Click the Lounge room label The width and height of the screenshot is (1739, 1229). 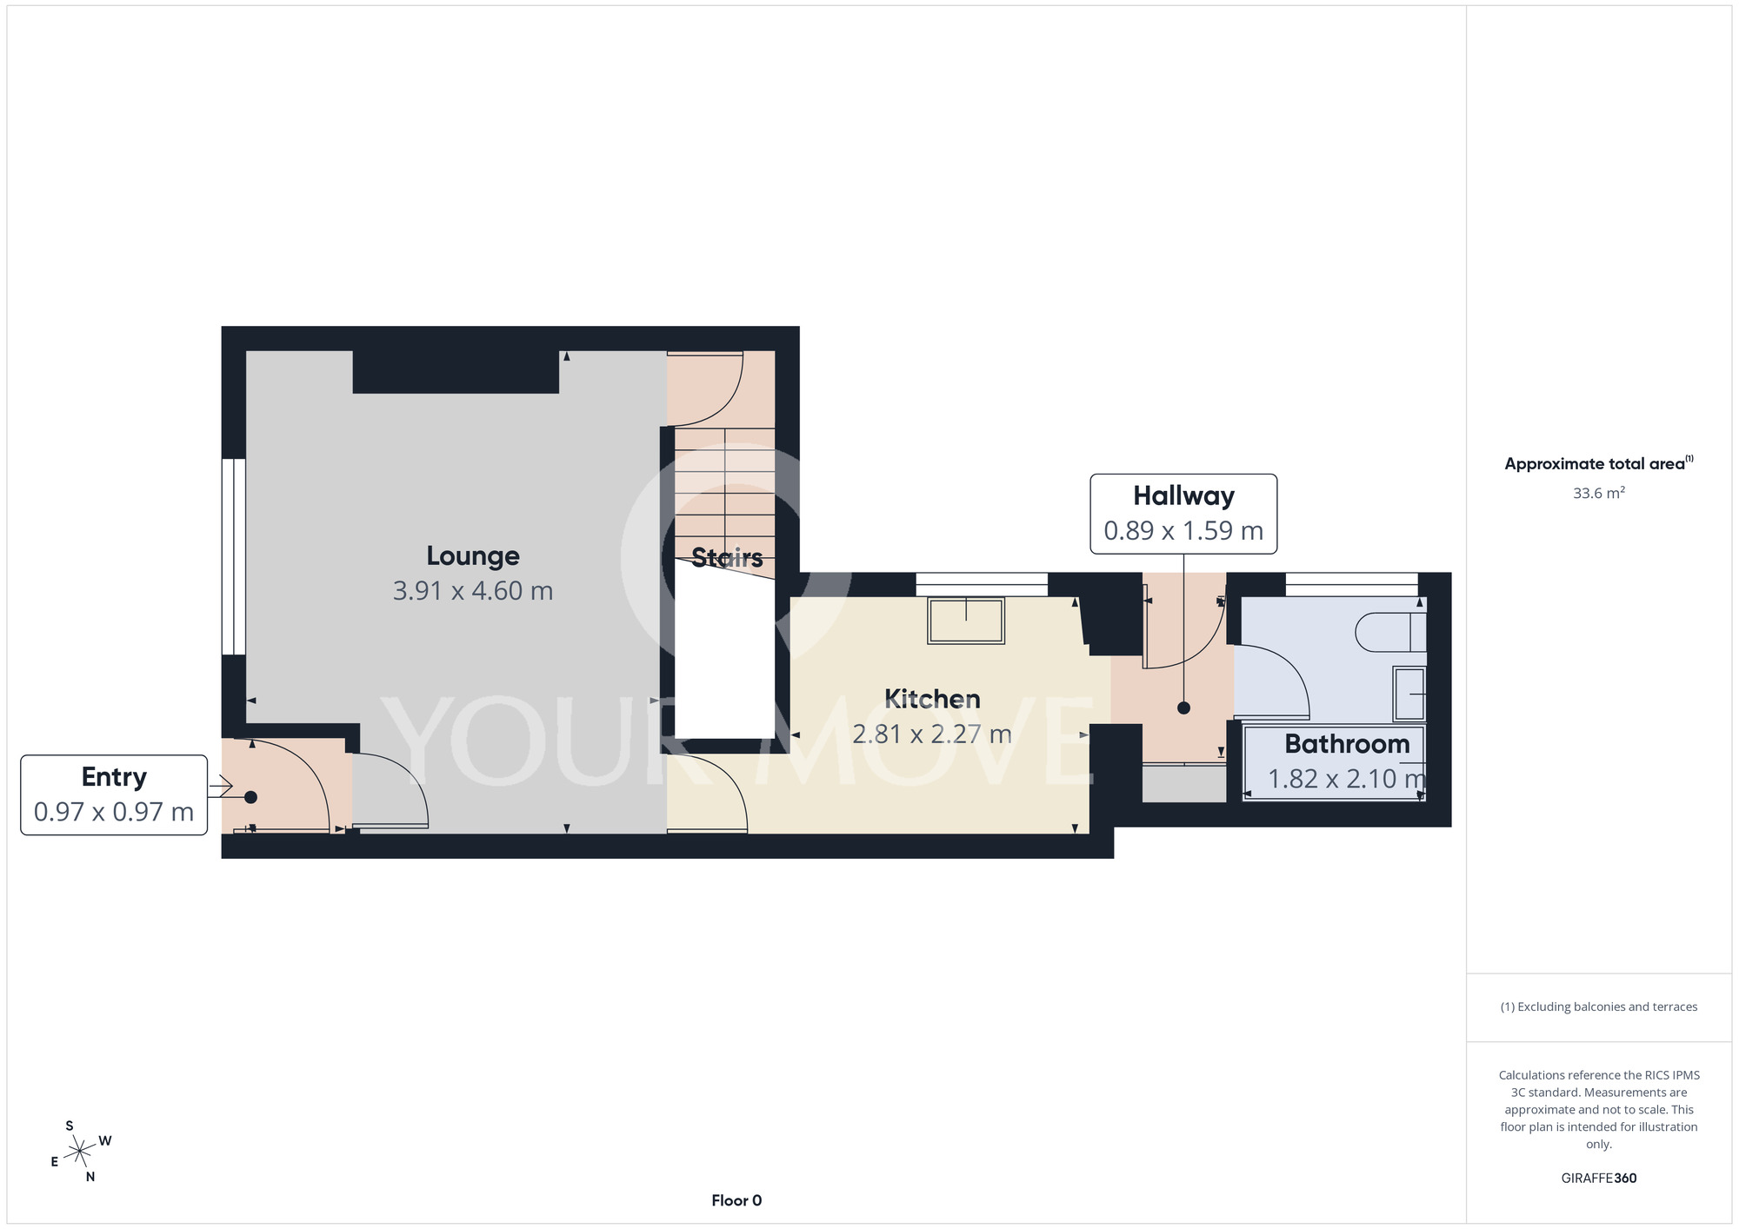click(473, 556)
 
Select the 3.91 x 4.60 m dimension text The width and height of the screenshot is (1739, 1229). click(473, 591)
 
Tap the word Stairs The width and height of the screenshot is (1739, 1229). click(727, 557)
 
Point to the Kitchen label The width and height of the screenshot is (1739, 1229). click(932, 699)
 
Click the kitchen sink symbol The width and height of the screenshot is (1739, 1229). click(966, 620)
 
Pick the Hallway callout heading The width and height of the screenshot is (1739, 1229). click(1183, 495)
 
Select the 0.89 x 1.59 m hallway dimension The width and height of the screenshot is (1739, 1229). click(1183, 530)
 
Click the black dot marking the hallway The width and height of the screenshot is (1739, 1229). click(1183, 708)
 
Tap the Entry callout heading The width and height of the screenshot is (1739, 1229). click(114, 777)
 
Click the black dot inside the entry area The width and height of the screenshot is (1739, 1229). click(250, 797)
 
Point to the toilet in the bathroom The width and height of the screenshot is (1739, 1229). click(1391, 632)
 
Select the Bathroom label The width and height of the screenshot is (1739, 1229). click(1347, 744)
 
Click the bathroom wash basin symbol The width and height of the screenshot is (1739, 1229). click(1409, 694)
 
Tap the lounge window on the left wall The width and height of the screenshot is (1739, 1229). click(234, 556)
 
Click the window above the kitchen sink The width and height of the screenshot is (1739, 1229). click(982, 584)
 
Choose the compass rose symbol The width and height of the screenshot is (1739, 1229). click(81, 1152)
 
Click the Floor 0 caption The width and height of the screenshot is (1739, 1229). click(736, 1200)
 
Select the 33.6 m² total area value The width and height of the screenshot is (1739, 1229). click(1599, 493)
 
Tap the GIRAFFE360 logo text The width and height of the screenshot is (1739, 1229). click(1599, 1179)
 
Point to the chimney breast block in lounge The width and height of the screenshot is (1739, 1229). click(456, 372)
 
